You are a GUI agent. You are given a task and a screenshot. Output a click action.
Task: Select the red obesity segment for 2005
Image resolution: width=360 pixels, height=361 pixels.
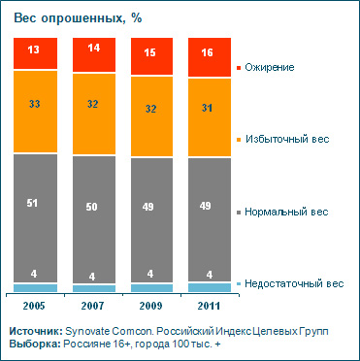coord(36,54)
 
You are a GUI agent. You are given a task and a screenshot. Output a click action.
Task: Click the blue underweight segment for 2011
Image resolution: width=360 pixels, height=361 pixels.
coord(210,287)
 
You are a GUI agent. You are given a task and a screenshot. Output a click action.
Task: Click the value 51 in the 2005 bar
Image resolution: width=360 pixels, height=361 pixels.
coord(36,204)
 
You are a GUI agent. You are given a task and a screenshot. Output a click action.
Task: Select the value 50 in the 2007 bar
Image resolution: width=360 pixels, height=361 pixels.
coord(93,206)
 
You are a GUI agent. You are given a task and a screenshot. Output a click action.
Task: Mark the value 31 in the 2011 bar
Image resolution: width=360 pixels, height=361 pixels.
coord(210,107)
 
